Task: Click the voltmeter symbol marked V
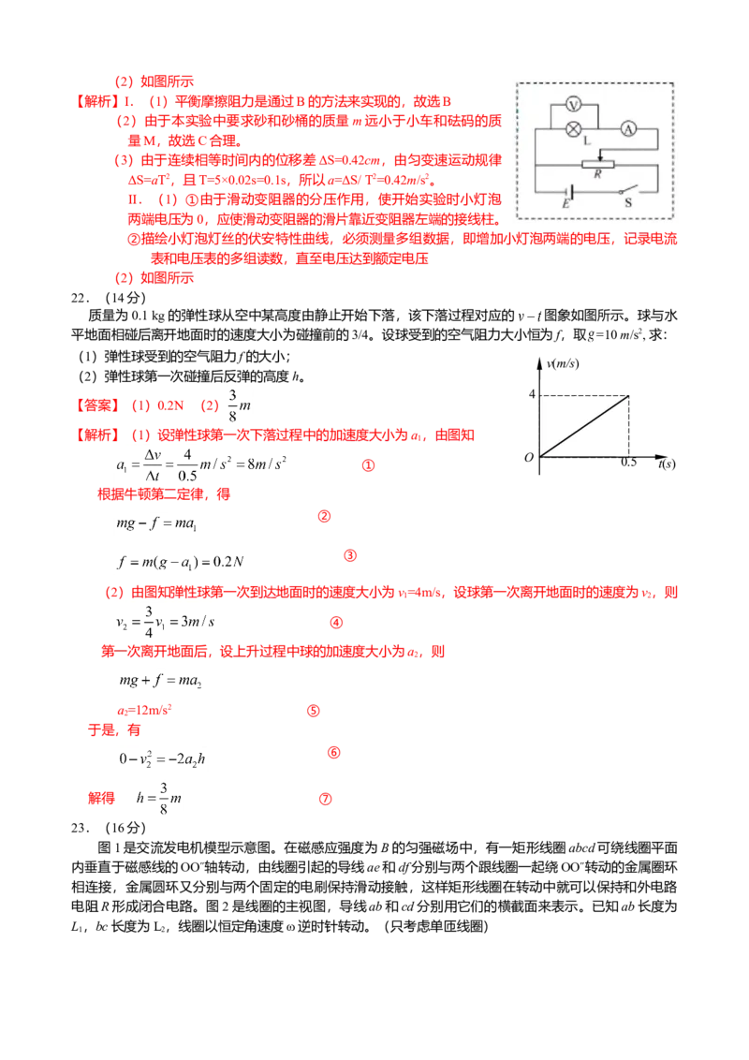point(576,107)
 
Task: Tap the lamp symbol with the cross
point(576,129)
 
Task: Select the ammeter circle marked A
point(628,129)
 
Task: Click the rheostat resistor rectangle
point(597,164)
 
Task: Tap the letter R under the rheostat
point(597,175)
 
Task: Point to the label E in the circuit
point(565,203)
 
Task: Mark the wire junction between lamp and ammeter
point(602,129)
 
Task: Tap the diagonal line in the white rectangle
point(584,425)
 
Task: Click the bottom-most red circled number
point(326,799)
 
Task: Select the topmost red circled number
point(369,464)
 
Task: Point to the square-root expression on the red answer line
point(238,404)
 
